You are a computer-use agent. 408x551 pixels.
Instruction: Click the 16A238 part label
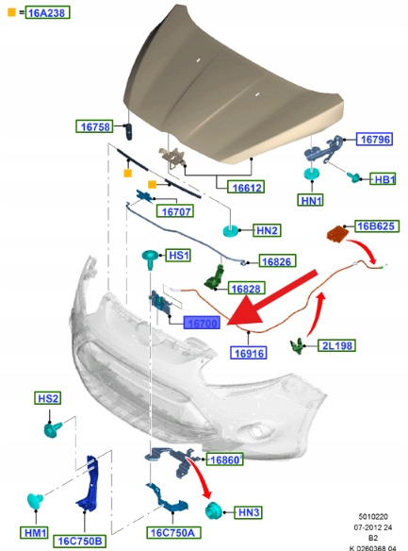[x=47, y=12]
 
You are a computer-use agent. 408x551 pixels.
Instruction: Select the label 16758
[x=95, y=126]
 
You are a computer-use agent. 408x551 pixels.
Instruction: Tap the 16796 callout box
[x=374, y=139]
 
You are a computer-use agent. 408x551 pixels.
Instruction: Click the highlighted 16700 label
[x=202, y=323]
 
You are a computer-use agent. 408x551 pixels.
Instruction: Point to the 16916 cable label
[x=249, y=353]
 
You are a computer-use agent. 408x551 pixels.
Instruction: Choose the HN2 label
[x=267, y=230]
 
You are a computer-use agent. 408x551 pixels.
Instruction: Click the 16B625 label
[x=376, y=225]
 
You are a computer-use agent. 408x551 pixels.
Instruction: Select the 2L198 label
[x=336, y=345]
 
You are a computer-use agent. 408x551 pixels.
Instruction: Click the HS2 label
[x=48, y=398]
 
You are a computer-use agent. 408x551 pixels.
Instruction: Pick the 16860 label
[x=225, y=459]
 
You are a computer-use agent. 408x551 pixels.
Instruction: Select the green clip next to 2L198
[x=297, y=346]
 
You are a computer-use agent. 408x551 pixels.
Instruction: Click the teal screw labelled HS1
[x=151, y=259]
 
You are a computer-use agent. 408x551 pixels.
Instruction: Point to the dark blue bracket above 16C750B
[x=89, y=482]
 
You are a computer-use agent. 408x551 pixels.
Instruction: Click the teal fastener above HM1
[x=35, y=500]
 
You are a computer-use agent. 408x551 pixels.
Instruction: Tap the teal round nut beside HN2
[x=232, y=230]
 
